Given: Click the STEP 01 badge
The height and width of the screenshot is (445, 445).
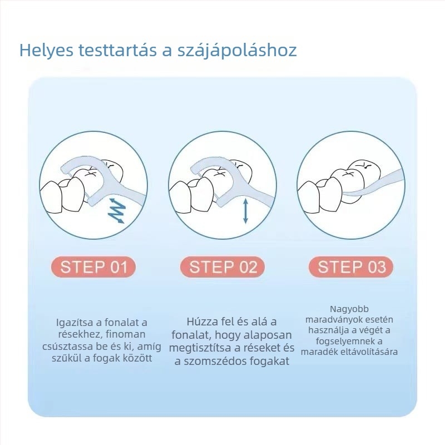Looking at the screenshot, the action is pos(93,267).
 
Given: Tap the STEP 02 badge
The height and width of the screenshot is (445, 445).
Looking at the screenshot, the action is pos(222,267).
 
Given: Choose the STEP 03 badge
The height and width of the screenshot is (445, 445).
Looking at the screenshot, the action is pos(351,267).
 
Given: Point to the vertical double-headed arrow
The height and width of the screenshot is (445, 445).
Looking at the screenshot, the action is pos(246,211).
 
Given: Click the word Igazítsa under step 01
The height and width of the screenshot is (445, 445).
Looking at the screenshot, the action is pos(75,323).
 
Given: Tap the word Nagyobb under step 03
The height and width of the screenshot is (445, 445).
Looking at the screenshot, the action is pos(349,309).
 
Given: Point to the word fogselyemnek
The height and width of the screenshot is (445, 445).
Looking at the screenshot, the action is pos(349,341).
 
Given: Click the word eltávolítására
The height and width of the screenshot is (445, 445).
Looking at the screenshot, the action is pos(369,352).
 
